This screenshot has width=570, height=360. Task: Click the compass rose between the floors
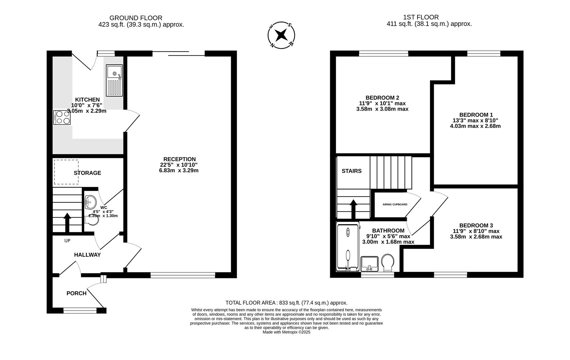click(x=281, y=35)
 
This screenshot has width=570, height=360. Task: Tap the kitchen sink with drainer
click(x=114, y=80)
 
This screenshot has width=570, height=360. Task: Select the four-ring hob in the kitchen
click(x=62, y=117)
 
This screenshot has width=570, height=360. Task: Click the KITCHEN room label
click(x=87, y=100)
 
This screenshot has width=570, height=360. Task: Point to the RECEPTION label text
click(x=179, y=159)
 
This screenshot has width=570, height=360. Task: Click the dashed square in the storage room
click(x=66, y=172)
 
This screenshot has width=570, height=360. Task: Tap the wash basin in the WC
click(x=90, y=201)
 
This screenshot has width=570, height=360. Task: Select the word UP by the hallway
click(x=67, y=241)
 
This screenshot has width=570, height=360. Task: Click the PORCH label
click(x=76, y=293)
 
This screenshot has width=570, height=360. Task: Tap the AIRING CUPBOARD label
click(x=395, y=204)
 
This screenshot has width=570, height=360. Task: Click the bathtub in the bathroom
click(x=348, y=247)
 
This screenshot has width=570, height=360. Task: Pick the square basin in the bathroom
click(x=370, y=263)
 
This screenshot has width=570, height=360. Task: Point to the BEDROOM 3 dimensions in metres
click(x=476, y=237)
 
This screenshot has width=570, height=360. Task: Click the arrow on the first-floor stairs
click(x=354, y=209)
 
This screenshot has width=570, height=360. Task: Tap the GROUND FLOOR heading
click(x=136, y=18)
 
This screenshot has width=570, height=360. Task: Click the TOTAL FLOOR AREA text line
click(x=287, y=303)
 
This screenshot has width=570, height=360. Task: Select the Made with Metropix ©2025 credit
click(x=287, y=332)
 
